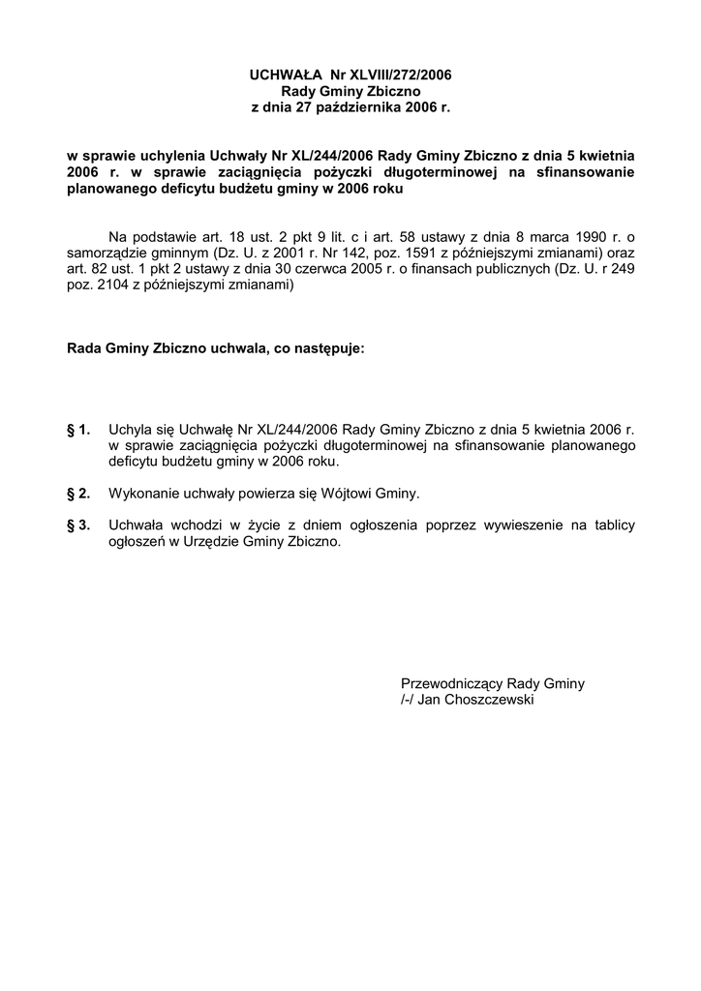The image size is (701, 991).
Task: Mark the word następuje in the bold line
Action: coord(328,347)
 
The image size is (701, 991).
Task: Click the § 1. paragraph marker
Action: coord(78,429)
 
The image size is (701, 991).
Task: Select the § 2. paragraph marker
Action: coord(78,494)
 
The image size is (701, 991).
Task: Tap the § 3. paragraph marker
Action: coord(78,526)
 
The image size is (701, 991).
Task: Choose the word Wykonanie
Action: coord(142,494)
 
